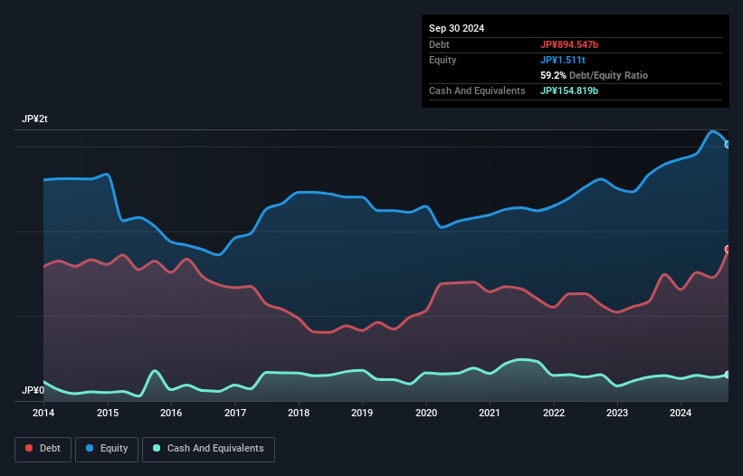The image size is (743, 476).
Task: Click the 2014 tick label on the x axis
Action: [x=43, y=414]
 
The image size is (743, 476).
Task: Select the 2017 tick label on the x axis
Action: [x=235, y=414]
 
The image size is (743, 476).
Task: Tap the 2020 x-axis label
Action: [x=426, y=414]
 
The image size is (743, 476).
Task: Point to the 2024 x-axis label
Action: [x=681, y=414]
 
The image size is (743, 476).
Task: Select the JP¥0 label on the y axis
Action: [x=33, y=390]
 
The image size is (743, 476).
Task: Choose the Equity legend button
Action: [x=107, y=448]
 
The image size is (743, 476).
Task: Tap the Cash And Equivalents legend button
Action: [x=208, y=448]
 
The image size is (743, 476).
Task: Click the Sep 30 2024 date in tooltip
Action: [x=457, y=28]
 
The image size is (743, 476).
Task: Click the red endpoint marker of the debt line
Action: [x=728, y=249]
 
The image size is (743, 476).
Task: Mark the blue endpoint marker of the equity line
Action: [x=728, y=144]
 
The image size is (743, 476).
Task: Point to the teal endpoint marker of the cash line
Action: [x=728, y=375]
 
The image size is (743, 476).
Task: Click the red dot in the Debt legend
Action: [x=30, y=448]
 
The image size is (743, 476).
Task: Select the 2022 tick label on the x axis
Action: [x=554, y=414]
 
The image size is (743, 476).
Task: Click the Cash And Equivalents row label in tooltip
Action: [x=477, y=90]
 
